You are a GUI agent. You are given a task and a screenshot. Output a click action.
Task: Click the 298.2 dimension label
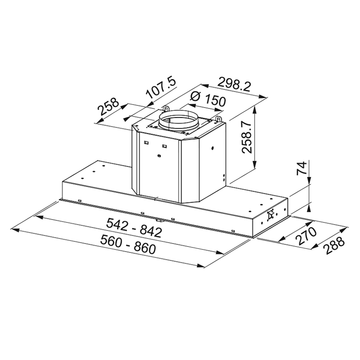tap(234, 84)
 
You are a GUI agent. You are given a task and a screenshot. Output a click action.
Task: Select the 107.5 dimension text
tap(161, 88)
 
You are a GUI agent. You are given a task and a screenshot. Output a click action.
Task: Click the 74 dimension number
tap(301, 168)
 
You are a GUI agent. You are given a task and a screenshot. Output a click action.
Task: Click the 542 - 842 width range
tap(134, 228)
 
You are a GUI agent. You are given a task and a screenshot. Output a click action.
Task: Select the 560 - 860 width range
tap(128, 245)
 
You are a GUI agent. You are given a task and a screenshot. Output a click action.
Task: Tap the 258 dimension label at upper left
tap(108, 107)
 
